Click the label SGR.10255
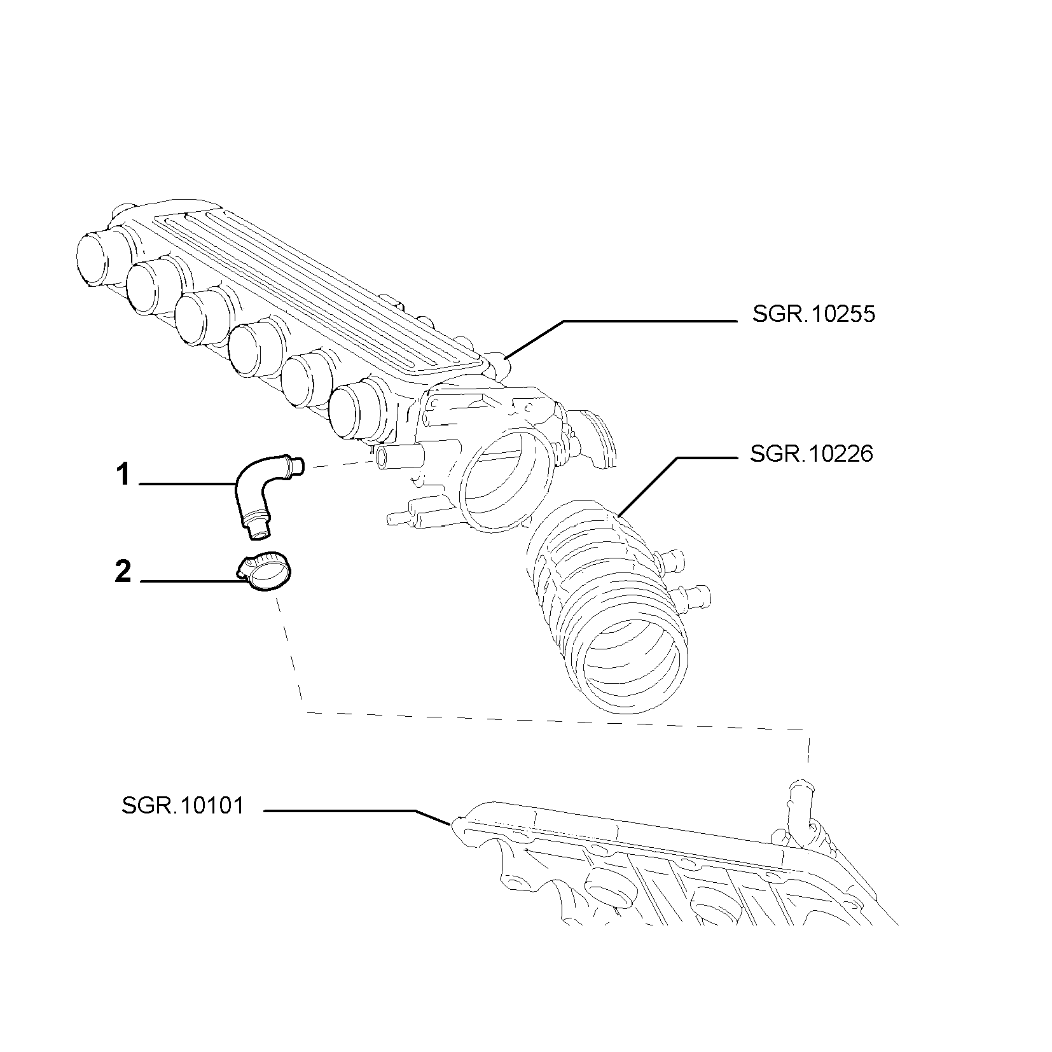[x=813, y=314]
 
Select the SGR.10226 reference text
[x=812, y=454]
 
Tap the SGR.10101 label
[x=183, y=806]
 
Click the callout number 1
[x=123, y=475]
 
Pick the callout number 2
[x=123, y=571]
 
